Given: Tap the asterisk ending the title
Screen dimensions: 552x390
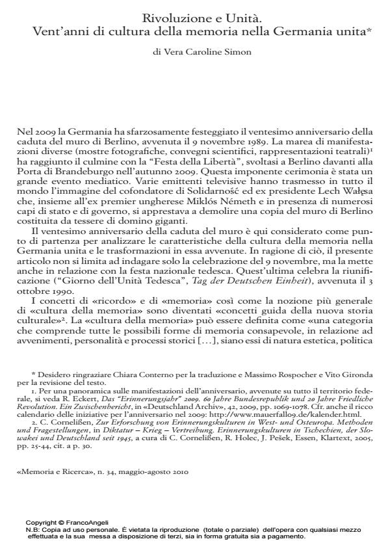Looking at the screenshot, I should [x=369, y=29].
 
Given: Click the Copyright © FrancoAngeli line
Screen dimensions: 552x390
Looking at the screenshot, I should [x=67, y=522].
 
